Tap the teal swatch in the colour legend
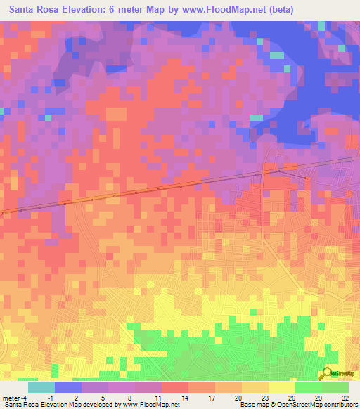pos(41,387)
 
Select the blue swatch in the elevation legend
pos(68,387)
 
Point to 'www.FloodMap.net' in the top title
pos(224,9)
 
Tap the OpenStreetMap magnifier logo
pos(327,374)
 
